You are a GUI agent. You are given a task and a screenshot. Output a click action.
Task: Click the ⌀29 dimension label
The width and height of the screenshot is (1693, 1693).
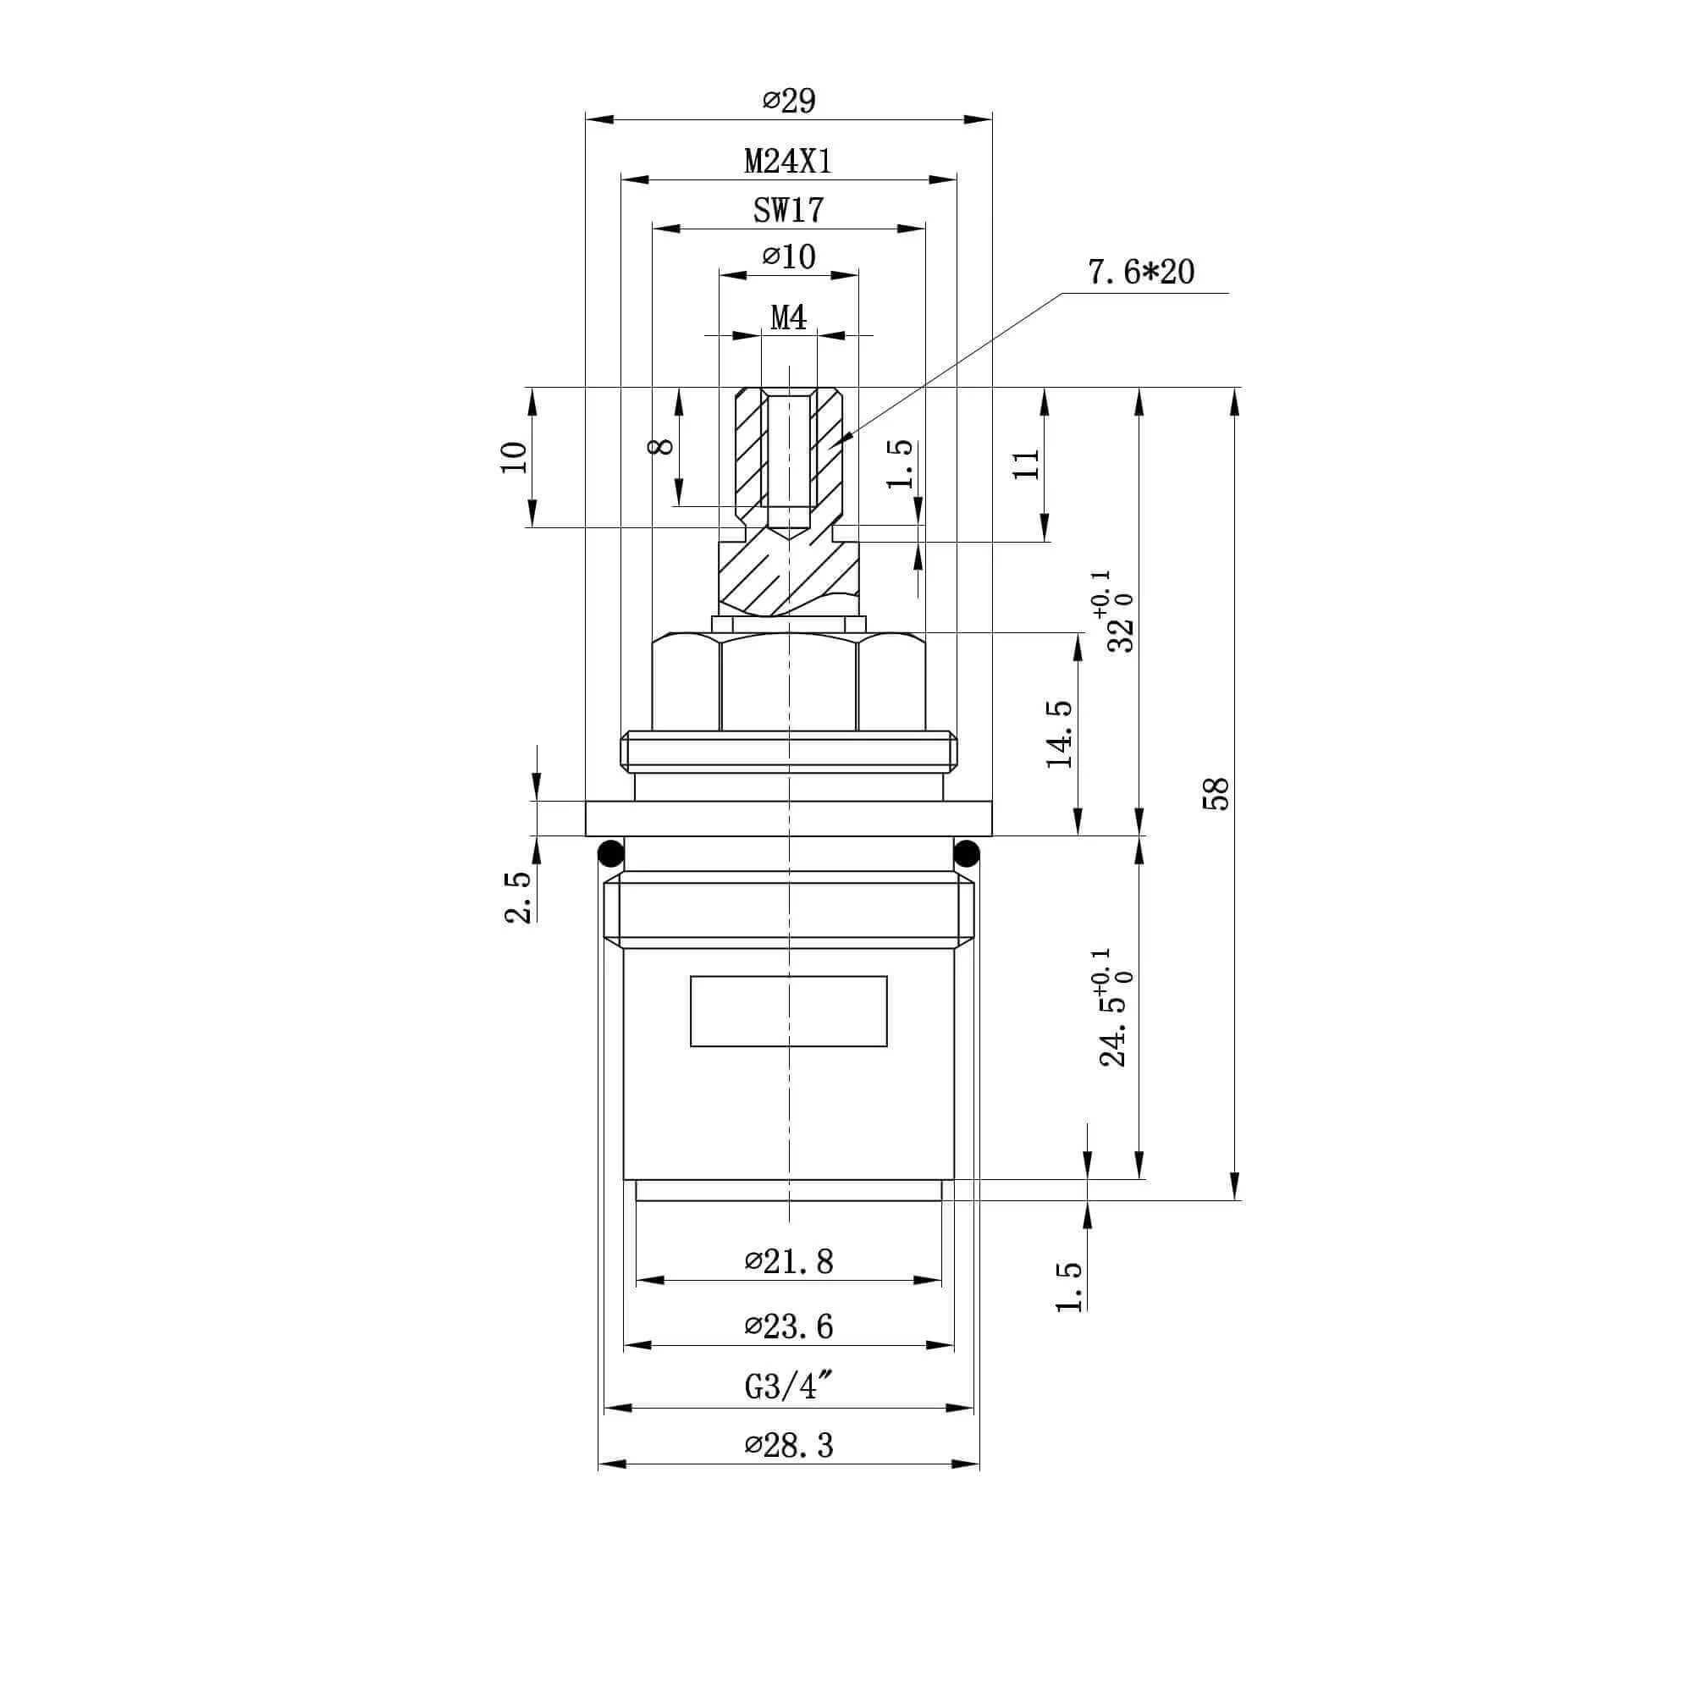click(789, 101)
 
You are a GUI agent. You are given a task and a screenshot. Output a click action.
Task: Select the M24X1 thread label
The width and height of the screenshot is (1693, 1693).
click(788, 161)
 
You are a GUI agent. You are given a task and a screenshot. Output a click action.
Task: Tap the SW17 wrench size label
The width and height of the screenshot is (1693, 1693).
click(789, 210)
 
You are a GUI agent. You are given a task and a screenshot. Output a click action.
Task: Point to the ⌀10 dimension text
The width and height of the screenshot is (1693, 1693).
click(789, 256)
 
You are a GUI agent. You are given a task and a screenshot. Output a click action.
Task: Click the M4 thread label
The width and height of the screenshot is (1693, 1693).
click(789, 317)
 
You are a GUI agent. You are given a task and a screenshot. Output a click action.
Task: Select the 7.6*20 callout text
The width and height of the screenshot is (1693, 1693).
click(1141, 273)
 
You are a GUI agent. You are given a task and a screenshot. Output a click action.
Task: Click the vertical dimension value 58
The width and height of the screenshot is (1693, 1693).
click(1218, 793)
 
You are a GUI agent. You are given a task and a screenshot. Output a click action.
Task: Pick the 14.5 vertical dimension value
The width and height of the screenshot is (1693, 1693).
click(1060, 734)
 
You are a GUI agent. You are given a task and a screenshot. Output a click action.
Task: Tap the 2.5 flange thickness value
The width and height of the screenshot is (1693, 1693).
click(518, 897)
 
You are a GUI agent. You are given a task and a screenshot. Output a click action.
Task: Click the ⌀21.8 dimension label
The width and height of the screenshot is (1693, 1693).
click(789, 1262)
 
